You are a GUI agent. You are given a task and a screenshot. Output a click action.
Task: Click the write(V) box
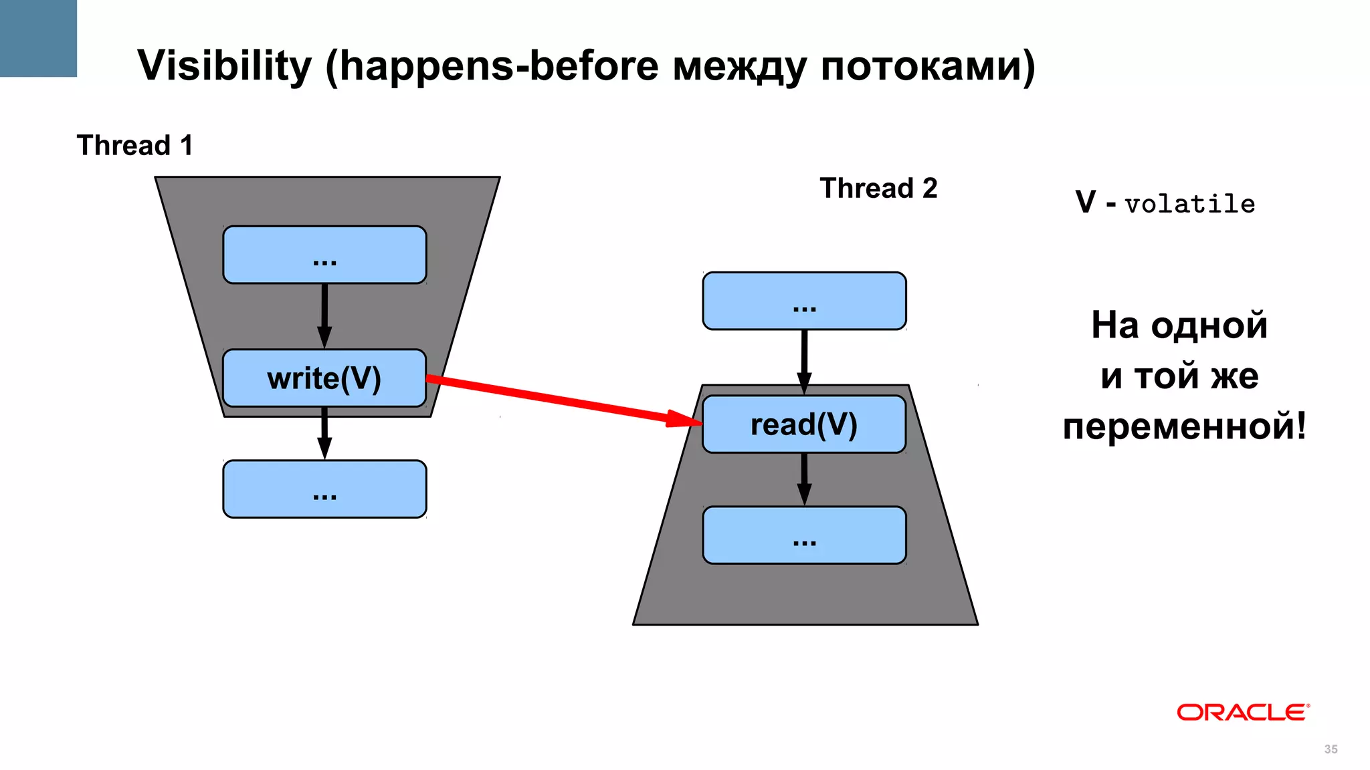[324, 378]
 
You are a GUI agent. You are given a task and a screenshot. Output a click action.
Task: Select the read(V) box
[804, 424]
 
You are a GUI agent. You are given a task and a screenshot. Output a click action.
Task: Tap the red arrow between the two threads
[562, 400]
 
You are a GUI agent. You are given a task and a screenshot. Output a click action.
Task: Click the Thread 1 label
[134, 145]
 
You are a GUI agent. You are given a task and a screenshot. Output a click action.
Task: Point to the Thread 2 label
[878, 188]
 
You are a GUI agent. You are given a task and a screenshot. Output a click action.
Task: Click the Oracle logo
[1242, 713]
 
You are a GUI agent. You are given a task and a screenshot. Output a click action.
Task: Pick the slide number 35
[1331, 749]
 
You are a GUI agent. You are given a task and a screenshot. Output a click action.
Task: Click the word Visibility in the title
[224, 66]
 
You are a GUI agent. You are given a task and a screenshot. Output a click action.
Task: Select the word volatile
[1190, 204]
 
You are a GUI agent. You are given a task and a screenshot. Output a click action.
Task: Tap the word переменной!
[1184, 426]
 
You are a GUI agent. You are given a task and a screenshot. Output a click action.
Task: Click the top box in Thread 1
[324, 255]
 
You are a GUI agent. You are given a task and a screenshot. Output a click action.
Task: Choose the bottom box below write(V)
[324, 489]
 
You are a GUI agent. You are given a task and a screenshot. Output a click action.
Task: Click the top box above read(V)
[804, 301]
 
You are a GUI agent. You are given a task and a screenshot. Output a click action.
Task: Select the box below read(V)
[804, 535]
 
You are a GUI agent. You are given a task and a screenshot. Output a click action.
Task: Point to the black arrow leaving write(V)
[324, 433]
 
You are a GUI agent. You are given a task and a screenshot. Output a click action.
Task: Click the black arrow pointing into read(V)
[804, 362]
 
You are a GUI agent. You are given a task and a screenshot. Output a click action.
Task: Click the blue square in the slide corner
[38, 38]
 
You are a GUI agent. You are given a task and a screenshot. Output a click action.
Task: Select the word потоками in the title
[926, 66]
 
